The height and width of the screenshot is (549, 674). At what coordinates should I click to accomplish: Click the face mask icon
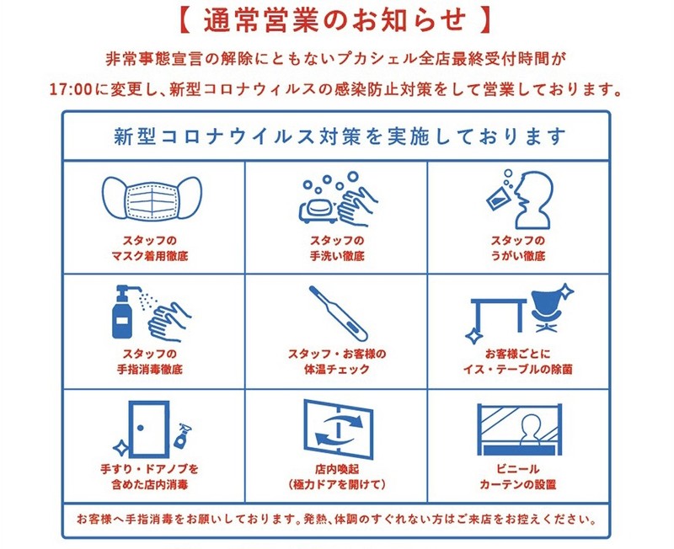pos(152,198)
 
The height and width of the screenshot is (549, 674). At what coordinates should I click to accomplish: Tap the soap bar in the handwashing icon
pos(318,209)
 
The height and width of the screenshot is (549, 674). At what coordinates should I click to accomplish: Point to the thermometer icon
pos(339,313)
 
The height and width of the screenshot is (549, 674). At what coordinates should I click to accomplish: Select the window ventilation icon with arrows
pos(339,429)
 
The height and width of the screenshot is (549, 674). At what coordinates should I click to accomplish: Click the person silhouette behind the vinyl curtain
pos(532,430)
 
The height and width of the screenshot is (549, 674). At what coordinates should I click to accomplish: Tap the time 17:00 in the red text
pos(71,90)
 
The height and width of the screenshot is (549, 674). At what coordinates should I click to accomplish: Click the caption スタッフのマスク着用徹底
pos(150,248)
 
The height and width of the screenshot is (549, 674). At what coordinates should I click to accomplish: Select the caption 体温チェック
pos(337,369)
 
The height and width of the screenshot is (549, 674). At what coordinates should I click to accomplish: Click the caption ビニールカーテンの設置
pos(518,477)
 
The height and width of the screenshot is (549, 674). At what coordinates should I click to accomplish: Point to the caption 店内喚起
pos(337,469)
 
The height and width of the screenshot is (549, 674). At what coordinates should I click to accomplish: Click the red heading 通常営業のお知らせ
pos(334,20)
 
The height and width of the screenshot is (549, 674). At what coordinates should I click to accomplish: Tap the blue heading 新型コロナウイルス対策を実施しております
pos(340,136)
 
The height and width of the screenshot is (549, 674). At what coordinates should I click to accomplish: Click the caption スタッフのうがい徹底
pos(518,248)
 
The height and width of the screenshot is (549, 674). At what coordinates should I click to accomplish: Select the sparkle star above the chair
pos(564,290)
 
